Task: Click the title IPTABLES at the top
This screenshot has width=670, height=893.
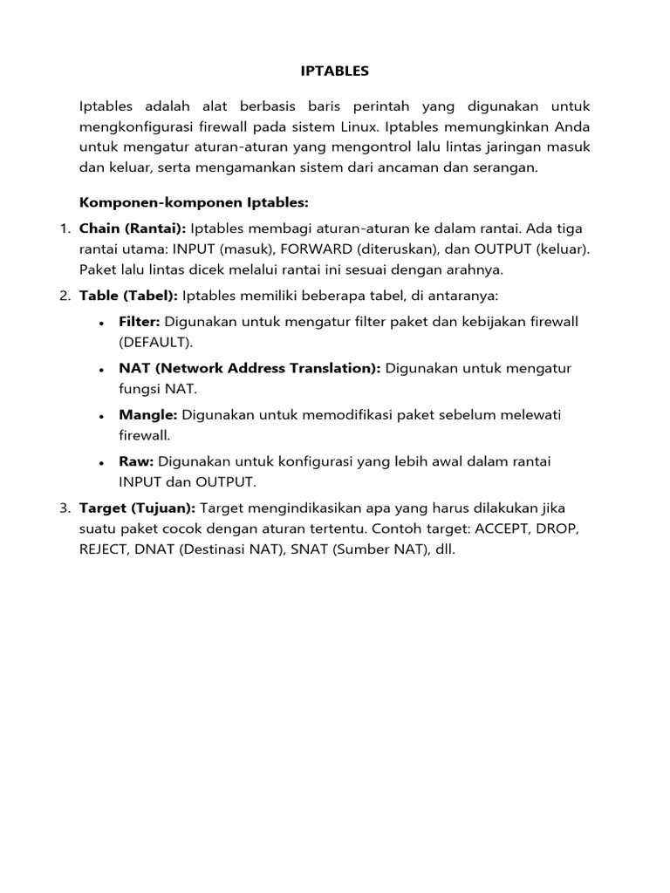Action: pos(334,71)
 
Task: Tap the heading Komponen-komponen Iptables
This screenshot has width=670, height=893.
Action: pos(195,202)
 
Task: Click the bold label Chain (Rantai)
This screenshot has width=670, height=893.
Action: pos(133,228)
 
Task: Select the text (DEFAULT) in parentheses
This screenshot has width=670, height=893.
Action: pos(156,342)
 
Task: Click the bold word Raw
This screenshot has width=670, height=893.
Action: pos(136,460)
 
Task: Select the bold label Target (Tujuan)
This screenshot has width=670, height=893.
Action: pos(138,508)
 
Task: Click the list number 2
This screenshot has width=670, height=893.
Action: pos(65,296)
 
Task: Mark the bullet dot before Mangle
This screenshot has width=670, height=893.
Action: pos(102,416)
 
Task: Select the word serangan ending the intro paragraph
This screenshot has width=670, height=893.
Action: pos(508,167)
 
